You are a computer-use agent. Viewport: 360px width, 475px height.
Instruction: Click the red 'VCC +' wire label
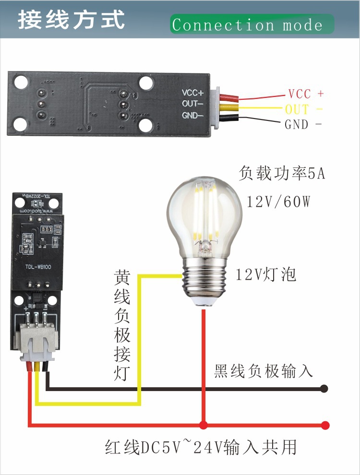point(306,94)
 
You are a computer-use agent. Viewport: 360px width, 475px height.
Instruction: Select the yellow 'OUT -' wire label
point(303,109)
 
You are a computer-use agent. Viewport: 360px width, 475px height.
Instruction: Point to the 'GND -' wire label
point(303,125)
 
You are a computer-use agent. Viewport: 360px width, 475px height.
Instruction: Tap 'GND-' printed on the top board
point(192,115)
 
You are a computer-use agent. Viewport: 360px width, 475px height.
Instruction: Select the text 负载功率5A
point(282,174)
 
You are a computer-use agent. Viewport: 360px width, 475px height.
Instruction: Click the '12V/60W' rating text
point(278,202)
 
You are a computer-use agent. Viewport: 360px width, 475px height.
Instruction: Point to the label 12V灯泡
point(265,275)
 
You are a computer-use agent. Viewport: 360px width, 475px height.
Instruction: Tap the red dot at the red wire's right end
point(325,425)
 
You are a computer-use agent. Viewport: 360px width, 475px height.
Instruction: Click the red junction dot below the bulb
point(204,425)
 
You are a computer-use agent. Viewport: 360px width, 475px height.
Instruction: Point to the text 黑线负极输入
point(264,371)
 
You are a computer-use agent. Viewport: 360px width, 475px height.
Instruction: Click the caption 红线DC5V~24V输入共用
point(201,448)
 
